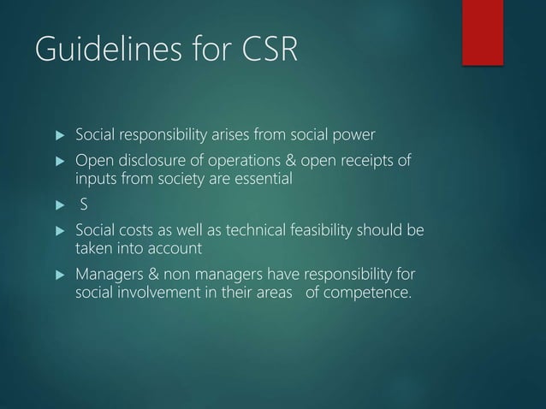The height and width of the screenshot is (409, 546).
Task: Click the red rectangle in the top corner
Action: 482,32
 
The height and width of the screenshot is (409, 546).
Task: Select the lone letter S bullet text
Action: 84,205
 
